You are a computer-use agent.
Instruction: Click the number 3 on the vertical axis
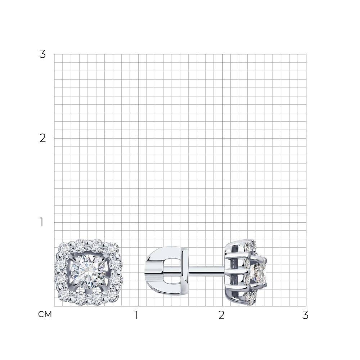click(x=42, y=54)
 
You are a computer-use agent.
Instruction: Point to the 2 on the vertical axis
click(x=42, y=138)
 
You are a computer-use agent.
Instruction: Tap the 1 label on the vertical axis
click(x=41, y=222)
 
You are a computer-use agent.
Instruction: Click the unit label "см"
click(x=45, y=314)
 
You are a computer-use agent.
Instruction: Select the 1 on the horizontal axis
click(x=136, y=315)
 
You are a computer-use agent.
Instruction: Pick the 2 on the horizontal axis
click(x=221, y=315)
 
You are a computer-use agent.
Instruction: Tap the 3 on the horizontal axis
click(x=305, y=315)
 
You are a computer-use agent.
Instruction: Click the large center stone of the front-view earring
click(x=89, y=272)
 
